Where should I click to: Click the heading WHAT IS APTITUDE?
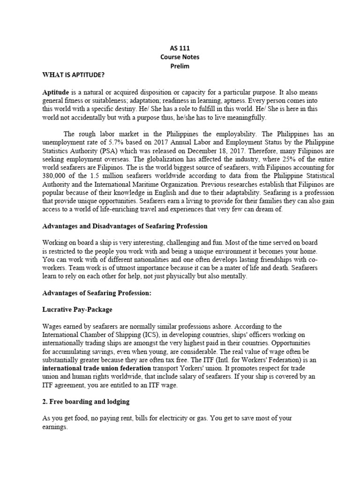(74, 75)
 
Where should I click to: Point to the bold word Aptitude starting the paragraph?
(56, 92)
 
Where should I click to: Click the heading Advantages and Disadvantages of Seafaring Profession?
(125, 226)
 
